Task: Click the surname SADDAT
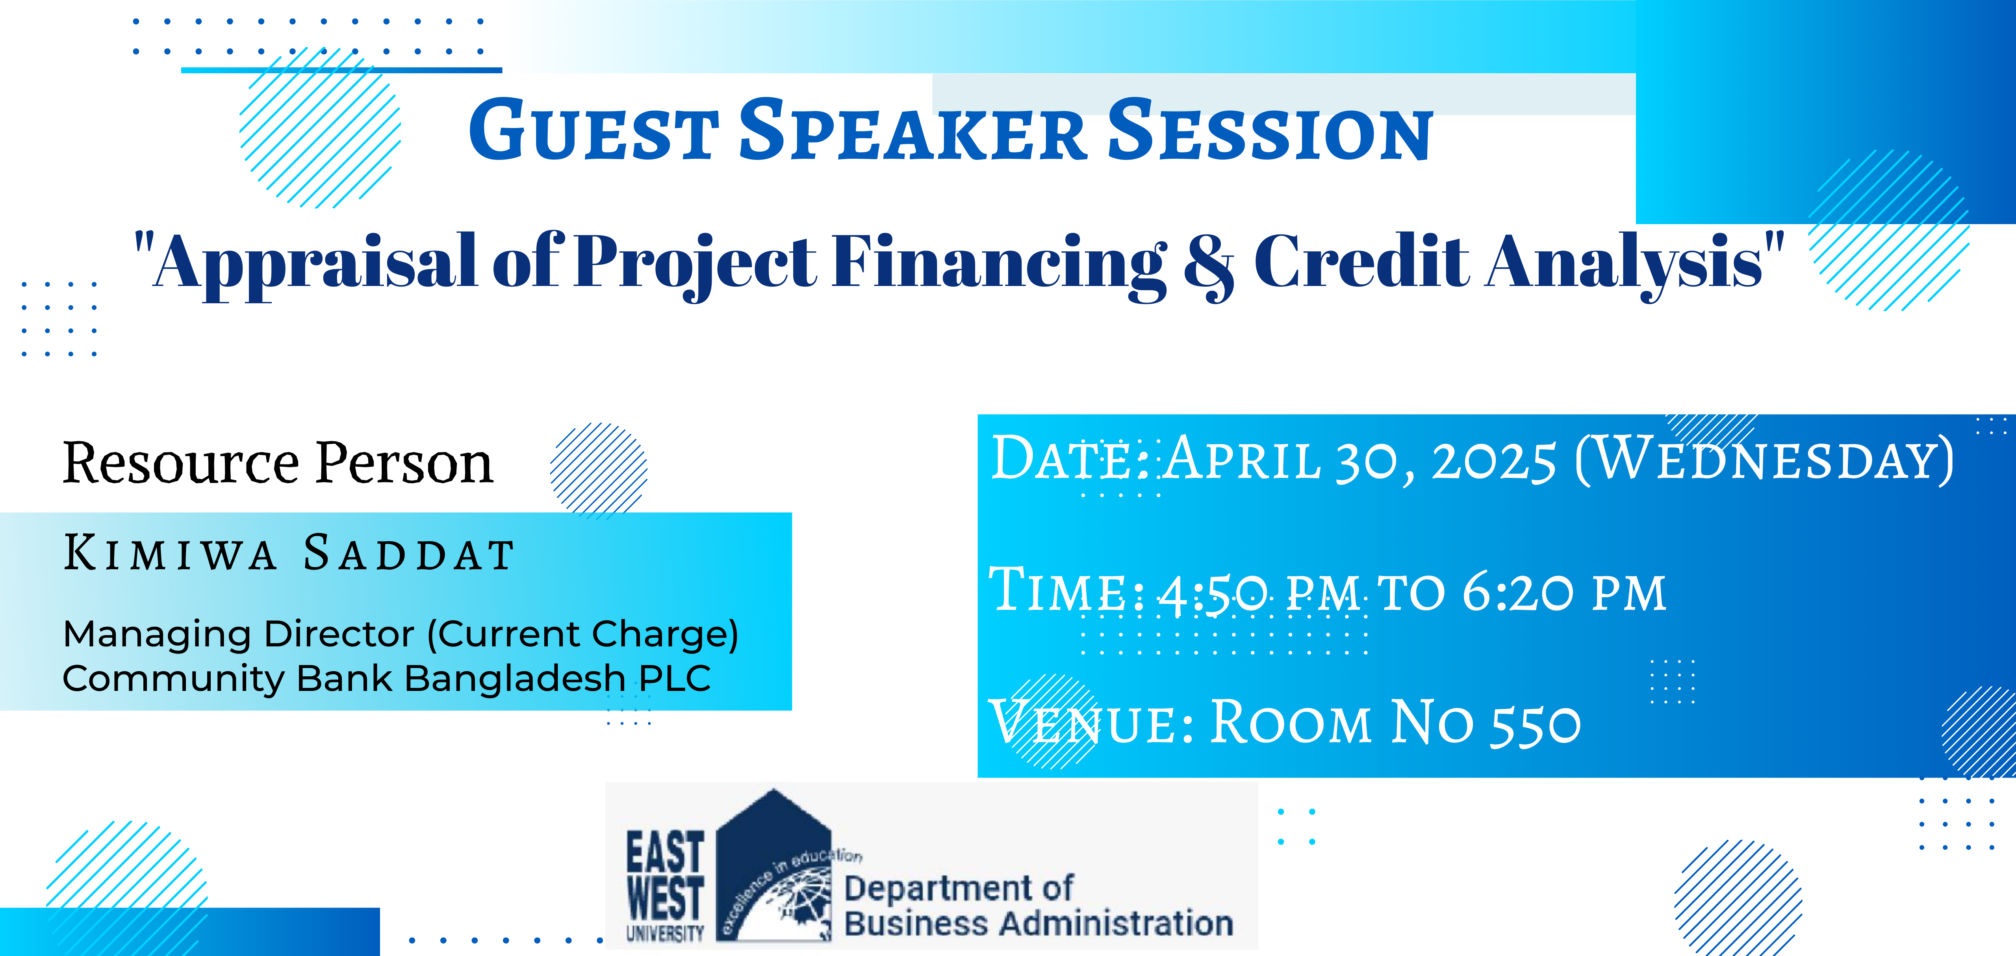[408, 553]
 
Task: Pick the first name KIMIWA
[170, 553]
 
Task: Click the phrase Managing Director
[239, 634]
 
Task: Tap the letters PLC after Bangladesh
[675, 678]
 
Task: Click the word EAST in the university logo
[665, 852]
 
